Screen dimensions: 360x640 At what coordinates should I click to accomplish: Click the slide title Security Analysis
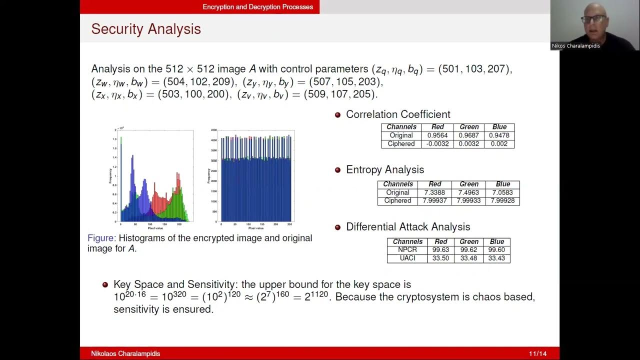[x=146, y=29]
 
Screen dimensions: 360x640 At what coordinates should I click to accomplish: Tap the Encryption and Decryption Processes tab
[x=257, y=7]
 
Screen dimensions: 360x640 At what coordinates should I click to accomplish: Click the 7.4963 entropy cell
[x=468, y=192]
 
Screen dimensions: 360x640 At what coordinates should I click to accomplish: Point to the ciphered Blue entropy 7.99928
[x=502, y=201]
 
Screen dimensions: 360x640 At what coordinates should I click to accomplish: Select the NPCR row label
[x=407, y=250]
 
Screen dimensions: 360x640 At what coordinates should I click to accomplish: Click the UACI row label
[x=407, y=258]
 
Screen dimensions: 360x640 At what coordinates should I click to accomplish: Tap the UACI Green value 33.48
[x=468, y=258]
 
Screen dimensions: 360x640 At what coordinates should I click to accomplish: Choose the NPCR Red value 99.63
[x=440, y=250]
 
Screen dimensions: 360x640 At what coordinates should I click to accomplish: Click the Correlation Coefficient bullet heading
[x=398, y=114]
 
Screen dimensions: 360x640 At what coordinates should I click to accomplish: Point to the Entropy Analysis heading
[x=385, y=170]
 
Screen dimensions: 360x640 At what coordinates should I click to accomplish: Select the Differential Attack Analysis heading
[x=408, y=227]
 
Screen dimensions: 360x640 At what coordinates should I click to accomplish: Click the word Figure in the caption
[x=101, y=238]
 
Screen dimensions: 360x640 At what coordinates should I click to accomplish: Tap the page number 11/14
[x=538, y=354]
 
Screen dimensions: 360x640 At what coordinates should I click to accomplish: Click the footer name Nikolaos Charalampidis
[x=125, y=354]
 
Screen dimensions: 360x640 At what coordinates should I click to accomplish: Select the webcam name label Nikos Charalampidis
[x=575, y=46]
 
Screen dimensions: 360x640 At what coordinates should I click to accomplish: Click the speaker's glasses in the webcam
[x=593, y=19]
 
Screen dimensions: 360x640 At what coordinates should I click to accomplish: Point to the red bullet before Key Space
[x=105, y=285]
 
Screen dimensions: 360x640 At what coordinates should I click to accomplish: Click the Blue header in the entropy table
[x=502, y=184]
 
